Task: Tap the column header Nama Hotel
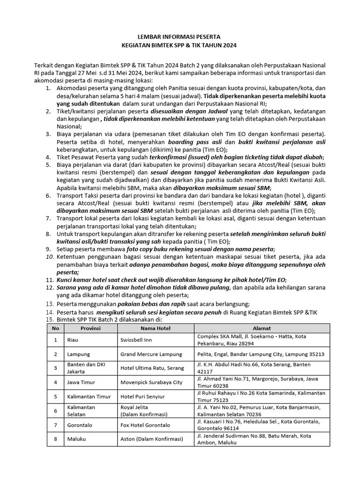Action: (155, 328)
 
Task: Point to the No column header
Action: (55, 328)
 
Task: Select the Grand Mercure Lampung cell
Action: (150, 354)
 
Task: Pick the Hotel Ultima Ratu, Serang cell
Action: (151, 368)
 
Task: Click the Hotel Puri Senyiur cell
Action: (142, 396)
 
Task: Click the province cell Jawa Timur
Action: (81, 382)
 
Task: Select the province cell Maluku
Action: (75, 439)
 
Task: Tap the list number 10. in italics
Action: (50, 257)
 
